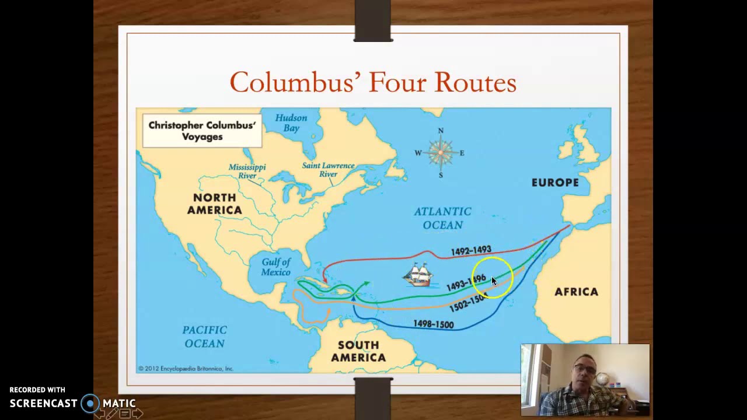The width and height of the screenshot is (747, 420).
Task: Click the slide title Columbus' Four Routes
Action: click(x=373, y=82)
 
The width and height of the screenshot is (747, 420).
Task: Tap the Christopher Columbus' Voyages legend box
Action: click(x=202, y=131)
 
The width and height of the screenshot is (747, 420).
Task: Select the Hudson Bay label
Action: click(x=291, y=123)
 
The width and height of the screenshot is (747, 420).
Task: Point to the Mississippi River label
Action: click(x=247, y=171)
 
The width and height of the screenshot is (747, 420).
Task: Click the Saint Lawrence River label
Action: click(x=328, y=170)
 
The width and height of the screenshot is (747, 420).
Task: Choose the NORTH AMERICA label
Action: click(x=214, y=204)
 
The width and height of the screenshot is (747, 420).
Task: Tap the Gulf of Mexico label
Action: click(x=275, y=267)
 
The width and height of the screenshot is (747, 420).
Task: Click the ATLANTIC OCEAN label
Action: click(x=442, y=218)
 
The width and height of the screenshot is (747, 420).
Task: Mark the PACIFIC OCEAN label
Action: click(x=204, y=337)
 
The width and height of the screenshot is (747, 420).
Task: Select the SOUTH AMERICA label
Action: click(x=358, y=351)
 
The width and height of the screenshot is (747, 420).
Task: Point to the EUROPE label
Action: click(x=555, y=183)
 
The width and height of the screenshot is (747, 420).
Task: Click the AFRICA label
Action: click(x=576, y=292)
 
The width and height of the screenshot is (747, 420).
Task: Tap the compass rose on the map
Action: click(x=441, y=153)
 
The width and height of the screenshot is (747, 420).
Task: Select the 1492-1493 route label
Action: click(x=471, y=251)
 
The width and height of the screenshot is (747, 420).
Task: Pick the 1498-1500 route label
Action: click(x=433, y=324)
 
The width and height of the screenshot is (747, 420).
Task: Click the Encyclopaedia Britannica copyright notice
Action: click(x=186, y=369)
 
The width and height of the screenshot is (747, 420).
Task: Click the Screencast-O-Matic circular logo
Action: click(x=90, y=403)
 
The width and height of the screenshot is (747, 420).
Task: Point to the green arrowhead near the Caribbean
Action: click(x=365, y=284)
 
